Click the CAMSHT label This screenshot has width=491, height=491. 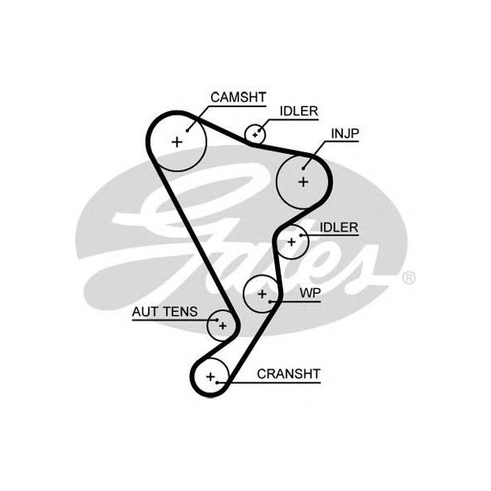(238, 97)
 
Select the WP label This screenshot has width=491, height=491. (309, 292)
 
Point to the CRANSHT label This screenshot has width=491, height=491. (288, 374)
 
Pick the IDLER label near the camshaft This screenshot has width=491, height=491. (299, 111)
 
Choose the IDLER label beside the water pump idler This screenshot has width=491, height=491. (339, 227)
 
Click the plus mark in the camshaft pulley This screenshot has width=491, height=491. (177, 142)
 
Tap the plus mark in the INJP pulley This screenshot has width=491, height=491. (304, 181)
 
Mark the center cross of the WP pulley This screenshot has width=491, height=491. (262, 292)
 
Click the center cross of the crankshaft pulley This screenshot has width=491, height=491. (211, 377)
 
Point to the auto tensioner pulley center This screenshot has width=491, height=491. (221, 325)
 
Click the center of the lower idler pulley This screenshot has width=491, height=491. (291, 241)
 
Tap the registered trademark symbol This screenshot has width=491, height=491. (408, 278)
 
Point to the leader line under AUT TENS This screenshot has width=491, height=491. (172, 320)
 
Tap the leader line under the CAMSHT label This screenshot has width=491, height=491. (237, 106)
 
